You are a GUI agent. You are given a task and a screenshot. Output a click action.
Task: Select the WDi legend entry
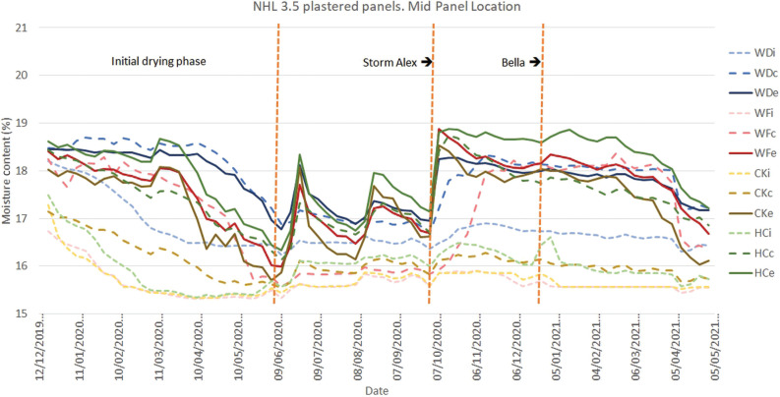coord(756,50)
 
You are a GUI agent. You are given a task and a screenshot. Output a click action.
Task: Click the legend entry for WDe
coord(756,102)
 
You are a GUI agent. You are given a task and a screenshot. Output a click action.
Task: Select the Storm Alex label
coord(386,62)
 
